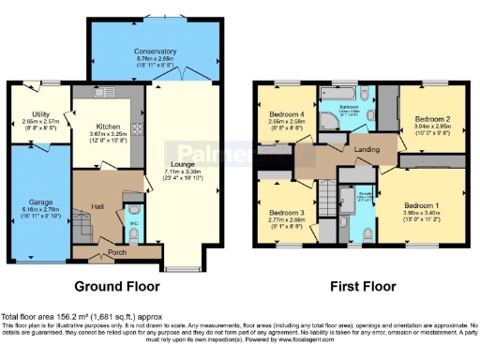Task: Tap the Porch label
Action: pos(118,250)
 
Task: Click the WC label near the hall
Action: pos(132,222)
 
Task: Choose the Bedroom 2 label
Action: pos(427,118)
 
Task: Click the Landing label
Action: pos(366,148)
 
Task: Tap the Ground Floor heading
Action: pos(117,285)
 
